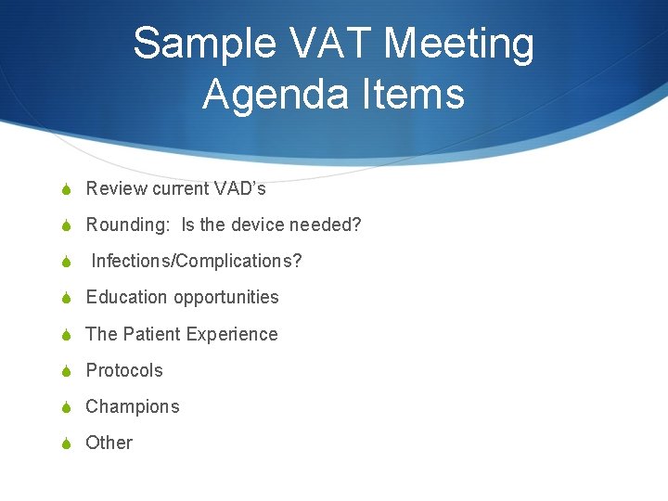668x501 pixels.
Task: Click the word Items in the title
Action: coord(416,95)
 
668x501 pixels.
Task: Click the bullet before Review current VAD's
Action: coord(66,189)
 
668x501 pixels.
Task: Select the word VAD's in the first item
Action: coord(240,188)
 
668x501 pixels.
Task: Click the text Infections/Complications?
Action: coord(196,261)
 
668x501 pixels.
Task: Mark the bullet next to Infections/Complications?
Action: coord(66,262)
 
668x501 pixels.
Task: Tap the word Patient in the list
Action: coord(153,334)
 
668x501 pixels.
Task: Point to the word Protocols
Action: coord(124,370)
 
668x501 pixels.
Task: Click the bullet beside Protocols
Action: coord(66,371)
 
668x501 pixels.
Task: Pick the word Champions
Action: coord(133,406)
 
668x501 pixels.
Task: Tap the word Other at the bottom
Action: coord(109,443)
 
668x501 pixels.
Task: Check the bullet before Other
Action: coord(66,443)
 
